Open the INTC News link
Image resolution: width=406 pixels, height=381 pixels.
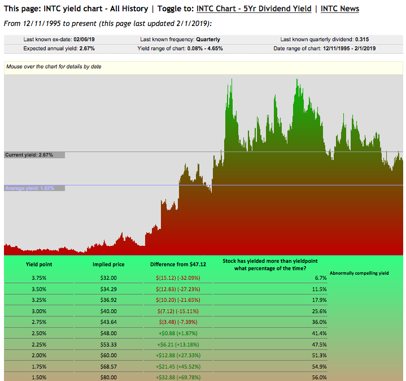(x=336, y=8)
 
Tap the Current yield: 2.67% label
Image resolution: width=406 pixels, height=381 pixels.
(x=29, y=155)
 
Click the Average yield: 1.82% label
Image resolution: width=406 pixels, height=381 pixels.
(x=30, y=188)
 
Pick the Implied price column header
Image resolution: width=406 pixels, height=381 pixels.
(x=108, y=264)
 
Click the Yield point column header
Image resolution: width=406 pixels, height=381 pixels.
(x=40, y=264)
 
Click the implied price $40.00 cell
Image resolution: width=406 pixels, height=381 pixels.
(x=108, y=310)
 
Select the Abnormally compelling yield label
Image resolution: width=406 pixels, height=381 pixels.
(x=359, y=273)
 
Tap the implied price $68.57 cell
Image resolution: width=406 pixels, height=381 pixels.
(x=108, y=366)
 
